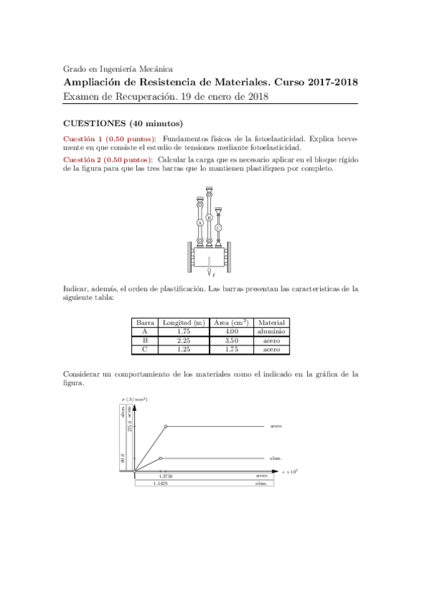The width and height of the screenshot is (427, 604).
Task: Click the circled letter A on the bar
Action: (x=200, y=222)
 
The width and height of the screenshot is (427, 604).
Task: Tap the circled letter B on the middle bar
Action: (x=209, y=217)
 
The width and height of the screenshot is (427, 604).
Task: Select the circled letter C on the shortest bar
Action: (x=218, y=227)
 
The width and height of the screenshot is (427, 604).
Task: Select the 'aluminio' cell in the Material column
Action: (x=271, y=331)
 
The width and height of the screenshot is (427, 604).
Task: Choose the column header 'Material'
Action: (x=271, y=322)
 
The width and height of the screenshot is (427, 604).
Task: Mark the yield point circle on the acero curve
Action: (x=166, y=427)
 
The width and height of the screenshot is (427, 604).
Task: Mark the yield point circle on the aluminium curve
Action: (x=160, y=458)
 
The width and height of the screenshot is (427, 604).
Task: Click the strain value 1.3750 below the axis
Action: (x=166, y=476)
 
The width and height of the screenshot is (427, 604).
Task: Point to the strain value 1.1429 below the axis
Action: (x=160, y=484)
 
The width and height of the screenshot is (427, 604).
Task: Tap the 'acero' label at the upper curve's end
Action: (x=277, y=427)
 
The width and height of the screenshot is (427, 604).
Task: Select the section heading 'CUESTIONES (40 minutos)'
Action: (x=123, y=123)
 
